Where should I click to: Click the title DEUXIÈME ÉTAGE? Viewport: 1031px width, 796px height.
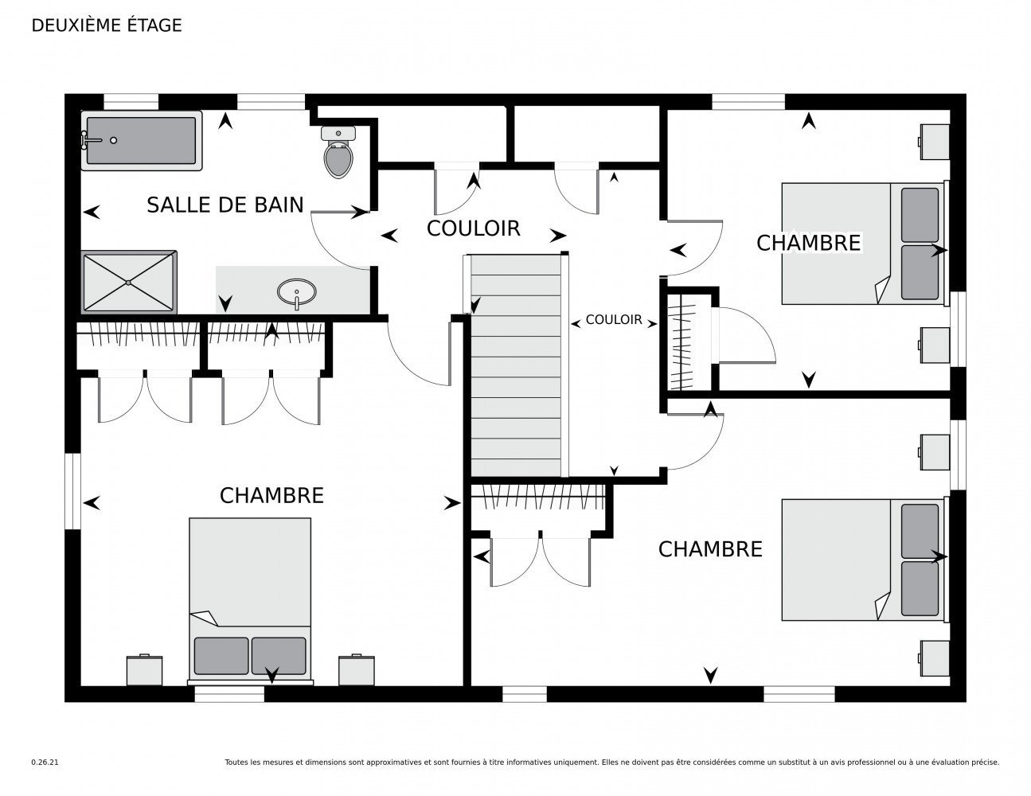[107, 25]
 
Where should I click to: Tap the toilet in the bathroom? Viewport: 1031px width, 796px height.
[338, 152]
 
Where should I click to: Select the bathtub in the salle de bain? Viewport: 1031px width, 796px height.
[142, 140]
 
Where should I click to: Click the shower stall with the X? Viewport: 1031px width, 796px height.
[129, 283]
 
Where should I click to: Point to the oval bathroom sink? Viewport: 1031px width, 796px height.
[296, 291]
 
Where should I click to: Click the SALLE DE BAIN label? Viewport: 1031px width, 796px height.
[225, 205]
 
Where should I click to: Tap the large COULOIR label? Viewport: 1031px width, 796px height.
[474, 228]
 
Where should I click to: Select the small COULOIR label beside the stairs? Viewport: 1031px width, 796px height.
[614, 320]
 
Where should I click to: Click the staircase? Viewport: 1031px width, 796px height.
[516, 365]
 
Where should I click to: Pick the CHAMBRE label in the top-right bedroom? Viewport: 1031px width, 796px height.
[808, 243]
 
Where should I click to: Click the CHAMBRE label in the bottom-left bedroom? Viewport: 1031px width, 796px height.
[271, 496]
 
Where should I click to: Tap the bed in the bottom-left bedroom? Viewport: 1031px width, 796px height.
[250, 600]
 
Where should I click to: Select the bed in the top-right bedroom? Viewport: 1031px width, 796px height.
[865, 244]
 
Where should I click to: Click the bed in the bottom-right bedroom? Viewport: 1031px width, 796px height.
[865, 560]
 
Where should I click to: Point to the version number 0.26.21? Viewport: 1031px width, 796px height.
[45, 763]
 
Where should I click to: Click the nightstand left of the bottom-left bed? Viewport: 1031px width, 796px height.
[145, 669]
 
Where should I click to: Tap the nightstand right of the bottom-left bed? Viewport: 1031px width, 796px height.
[357, 669]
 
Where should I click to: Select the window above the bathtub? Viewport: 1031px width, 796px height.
[131, 102]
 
